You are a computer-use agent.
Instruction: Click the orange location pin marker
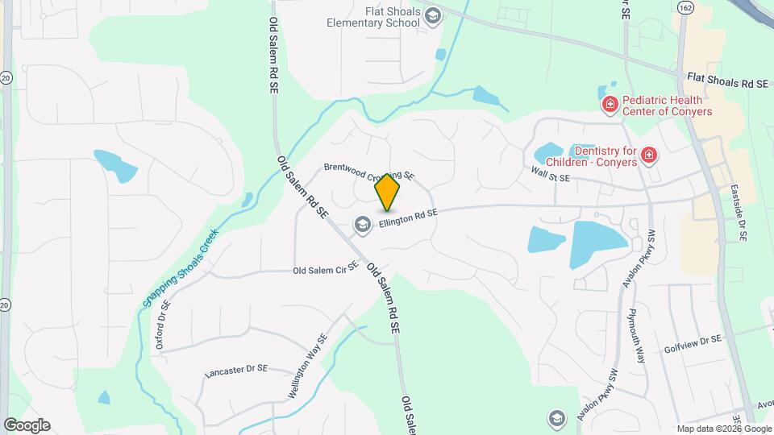(x=388, y=192)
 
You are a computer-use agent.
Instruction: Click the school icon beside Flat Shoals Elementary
(x=433, y=15)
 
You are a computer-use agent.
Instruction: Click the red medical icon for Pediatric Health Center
(x=610, y=104)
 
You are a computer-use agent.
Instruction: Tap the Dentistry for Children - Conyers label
(x=605, y=156)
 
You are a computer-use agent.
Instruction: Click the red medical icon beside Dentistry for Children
(x=649, y=155)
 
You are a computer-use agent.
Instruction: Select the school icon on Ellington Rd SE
(x=363, y=224)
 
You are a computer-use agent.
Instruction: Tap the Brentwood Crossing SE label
(x=368, y=171)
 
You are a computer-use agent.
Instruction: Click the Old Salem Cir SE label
(x=325, y=271)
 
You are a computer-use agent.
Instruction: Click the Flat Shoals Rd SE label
(x=725, y=82)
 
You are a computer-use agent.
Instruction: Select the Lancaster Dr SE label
(x=235, y=370)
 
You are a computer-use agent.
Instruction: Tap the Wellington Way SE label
(x=308, y=367)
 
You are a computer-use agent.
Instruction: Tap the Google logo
(x=27, y=425)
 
